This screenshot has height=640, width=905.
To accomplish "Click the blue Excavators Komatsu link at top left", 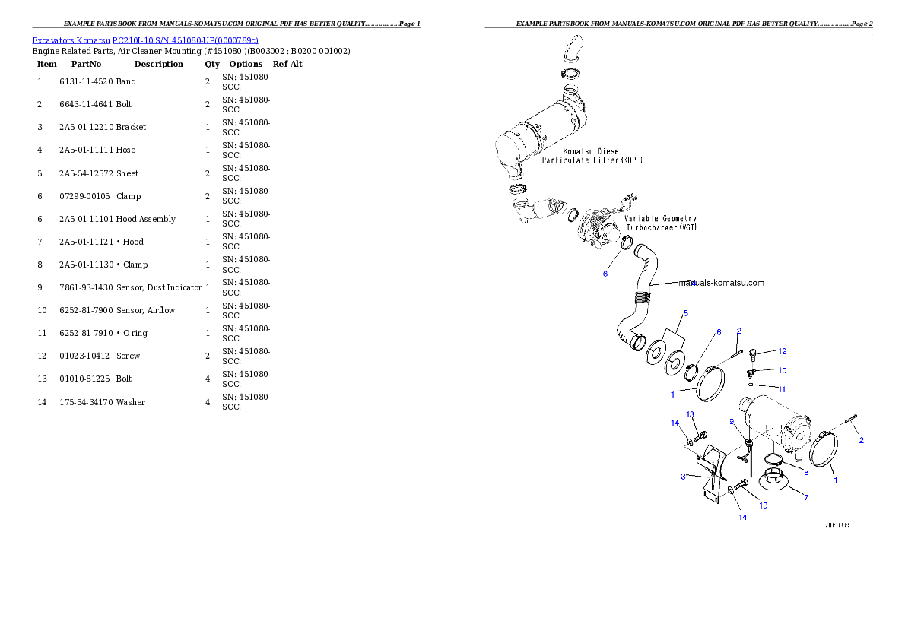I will [145, 40].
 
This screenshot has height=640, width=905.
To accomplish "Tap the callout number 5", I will [685, 312].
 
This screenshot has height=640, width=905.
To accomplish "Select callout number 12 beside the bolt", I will [782, 351].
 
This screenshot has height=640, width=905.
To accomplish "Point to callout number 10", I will [782, 370].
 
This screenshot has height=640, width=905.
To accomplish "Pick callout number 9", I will [732, 420].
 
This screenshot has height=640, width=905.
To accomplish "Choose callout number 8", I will [806, 472].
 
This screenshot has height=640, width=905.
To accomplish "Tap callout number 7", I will [806, 497].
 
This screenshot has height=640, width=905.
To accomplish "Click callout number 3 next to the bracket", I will [683, 476].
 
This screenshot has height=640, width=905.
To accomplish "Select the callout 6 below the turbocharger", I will [605, 274].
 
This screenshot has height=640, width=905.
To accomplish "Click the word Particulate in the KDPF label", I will [570, 160].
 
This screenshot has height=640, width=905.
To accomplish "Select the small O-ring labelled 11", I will [751, 385].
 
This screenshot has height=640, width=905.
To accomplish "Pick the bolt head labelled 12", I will [752, 352].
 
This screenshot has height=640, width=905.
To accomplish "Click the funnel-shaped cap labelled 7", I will [773, 480].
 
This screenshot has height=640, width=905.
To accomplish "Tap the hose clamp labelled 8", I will [773, 458].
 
